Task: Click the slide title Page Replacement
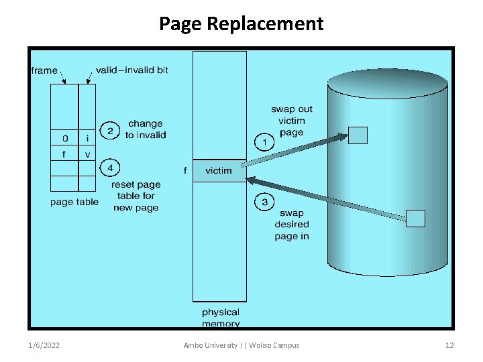241,24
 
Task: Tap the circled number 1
264,142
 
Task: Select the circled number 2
109,129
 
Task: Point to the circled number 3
264,202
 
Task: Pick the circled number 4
109,167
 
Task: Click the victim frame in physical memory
219,171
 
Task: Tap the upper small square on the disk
358,135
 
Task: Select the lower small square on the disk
416,219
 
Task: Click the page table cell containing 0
64,139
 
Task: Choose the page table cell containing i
87,139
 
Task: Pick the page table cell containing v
87,154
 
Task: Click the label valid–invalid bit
131,70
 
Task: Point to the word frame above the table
44,70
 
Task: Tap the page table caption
74,202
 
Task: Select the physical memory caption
220,318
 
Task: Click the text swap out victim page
291,121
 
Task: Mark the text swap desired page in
291,225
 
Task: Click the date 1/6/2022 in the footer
44,345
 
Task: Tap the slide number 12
449,345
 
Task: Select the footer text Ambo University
211,345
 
